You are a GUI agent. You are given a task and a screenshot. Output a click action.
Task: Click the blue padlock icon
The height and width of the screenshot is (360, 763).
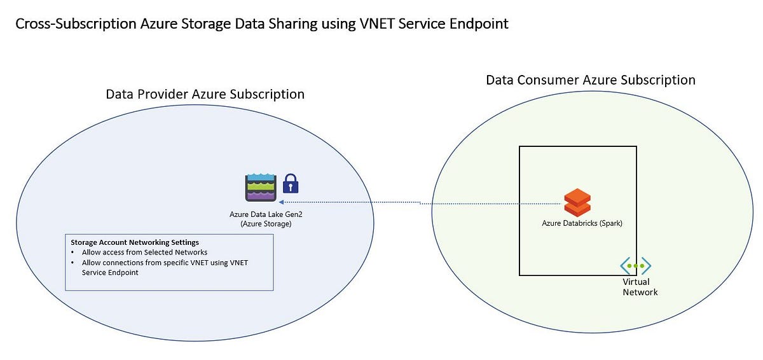291,184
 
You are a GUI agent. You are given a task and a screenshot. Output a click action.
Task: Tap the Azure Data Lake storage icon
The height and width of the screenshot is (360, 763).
261,187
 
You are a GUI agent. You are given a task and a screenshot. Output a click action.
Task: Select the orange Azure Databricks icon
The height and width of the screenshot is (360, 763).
577,203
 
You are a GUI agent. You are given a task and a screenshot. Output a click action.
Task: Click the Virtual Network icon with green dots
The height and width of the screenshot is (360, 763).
636,265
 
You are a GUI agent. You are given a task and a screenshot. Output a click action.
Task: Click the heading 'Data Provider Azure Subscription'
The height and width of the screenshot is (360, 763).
205,94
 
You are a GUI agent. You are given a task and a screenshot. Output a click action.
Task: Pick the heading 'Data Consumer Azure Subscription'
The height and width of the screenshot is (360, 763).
591,80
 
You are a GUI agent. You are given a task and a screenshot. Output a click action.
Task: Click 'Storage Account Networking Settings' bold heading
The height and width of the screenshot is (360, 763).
135,242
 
